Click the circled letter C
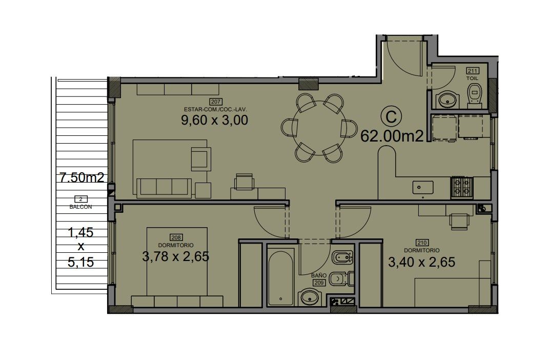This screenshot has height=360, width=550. (391, 116)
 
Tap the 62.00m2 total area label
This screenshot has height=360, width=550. (392, 136)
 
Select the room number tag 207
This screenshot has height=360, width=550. (216, 102)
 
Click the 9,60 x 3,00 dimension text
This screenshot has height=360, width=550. (214, 120)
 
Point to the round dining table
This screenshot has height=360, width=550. (319, 128)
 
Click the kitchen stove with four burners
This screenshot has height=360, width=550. (462, 187)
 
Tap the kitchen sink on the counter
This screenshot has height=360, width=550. (423, 187)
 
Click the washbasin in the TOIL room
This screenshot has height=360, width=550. (447, 99)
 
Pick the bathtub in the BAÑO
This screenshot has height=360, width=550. (281, 278)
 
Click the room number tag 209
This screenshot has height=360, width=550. (319, 283)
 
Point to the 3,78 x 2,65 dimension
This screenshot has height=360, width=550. (176, 256)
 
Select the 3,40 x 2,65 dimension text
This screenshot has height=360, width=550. (422, 262)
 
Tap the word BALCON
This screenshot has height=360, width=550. (80, 207)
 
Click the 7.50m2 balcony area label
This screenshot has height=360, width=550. (82, 177)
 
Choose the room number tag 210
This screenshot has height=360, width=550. (422, 243)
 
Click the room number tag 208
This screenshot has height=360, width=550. (176, 237)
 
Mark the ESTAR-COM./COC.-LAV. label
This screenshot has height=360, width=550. (216, 109)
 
